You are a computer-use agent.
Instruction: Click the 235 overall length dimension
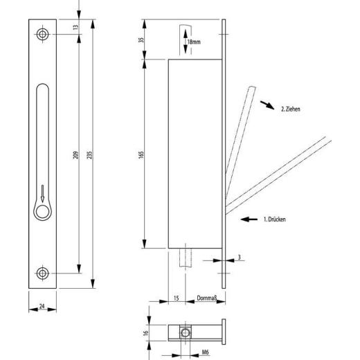pyautogui.click(x=91, y=154)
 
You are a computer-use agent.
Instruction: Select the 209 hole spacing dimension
pyautogui.click(x=76, y=155)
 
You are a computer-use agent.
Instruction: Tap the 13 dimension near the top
pyautogui.click(x=75, y=27)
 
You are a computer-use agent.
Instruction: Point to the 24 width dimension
pyautogui.click(x=42, y=306)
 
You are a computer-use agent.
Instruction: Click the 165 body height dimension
pyautogui.click(x=141, y=154)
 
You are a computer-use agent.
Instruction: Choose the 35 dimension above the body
pyautogui.click(x=141, y=39)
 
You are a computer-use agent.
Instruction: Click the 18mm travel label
pyautogui.click(x=194, y=42)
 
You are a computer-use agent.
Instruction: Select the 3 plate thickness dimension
pyautogui.click(x=240, y=257)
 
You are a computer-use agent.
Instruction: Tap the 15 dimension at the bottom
pyautogui.click(x=176, y=298)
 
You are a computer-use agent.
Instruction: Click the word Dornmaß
pyautogui.click(x=207, y=298)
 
